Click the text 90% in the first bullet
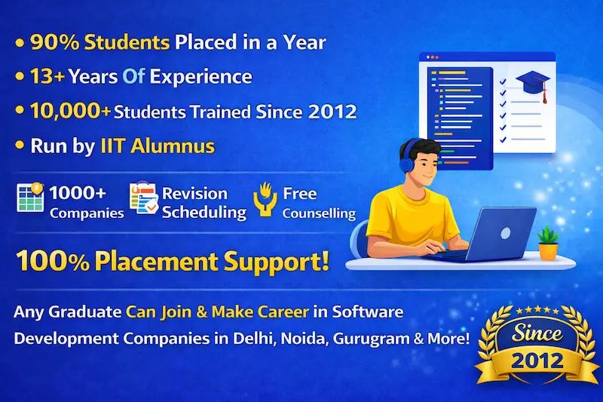pos(51,42)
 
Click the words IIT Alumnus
pos(157,146)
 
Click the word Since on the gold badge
pos(537,332)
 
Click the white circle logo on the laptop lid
pos(504,233)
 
